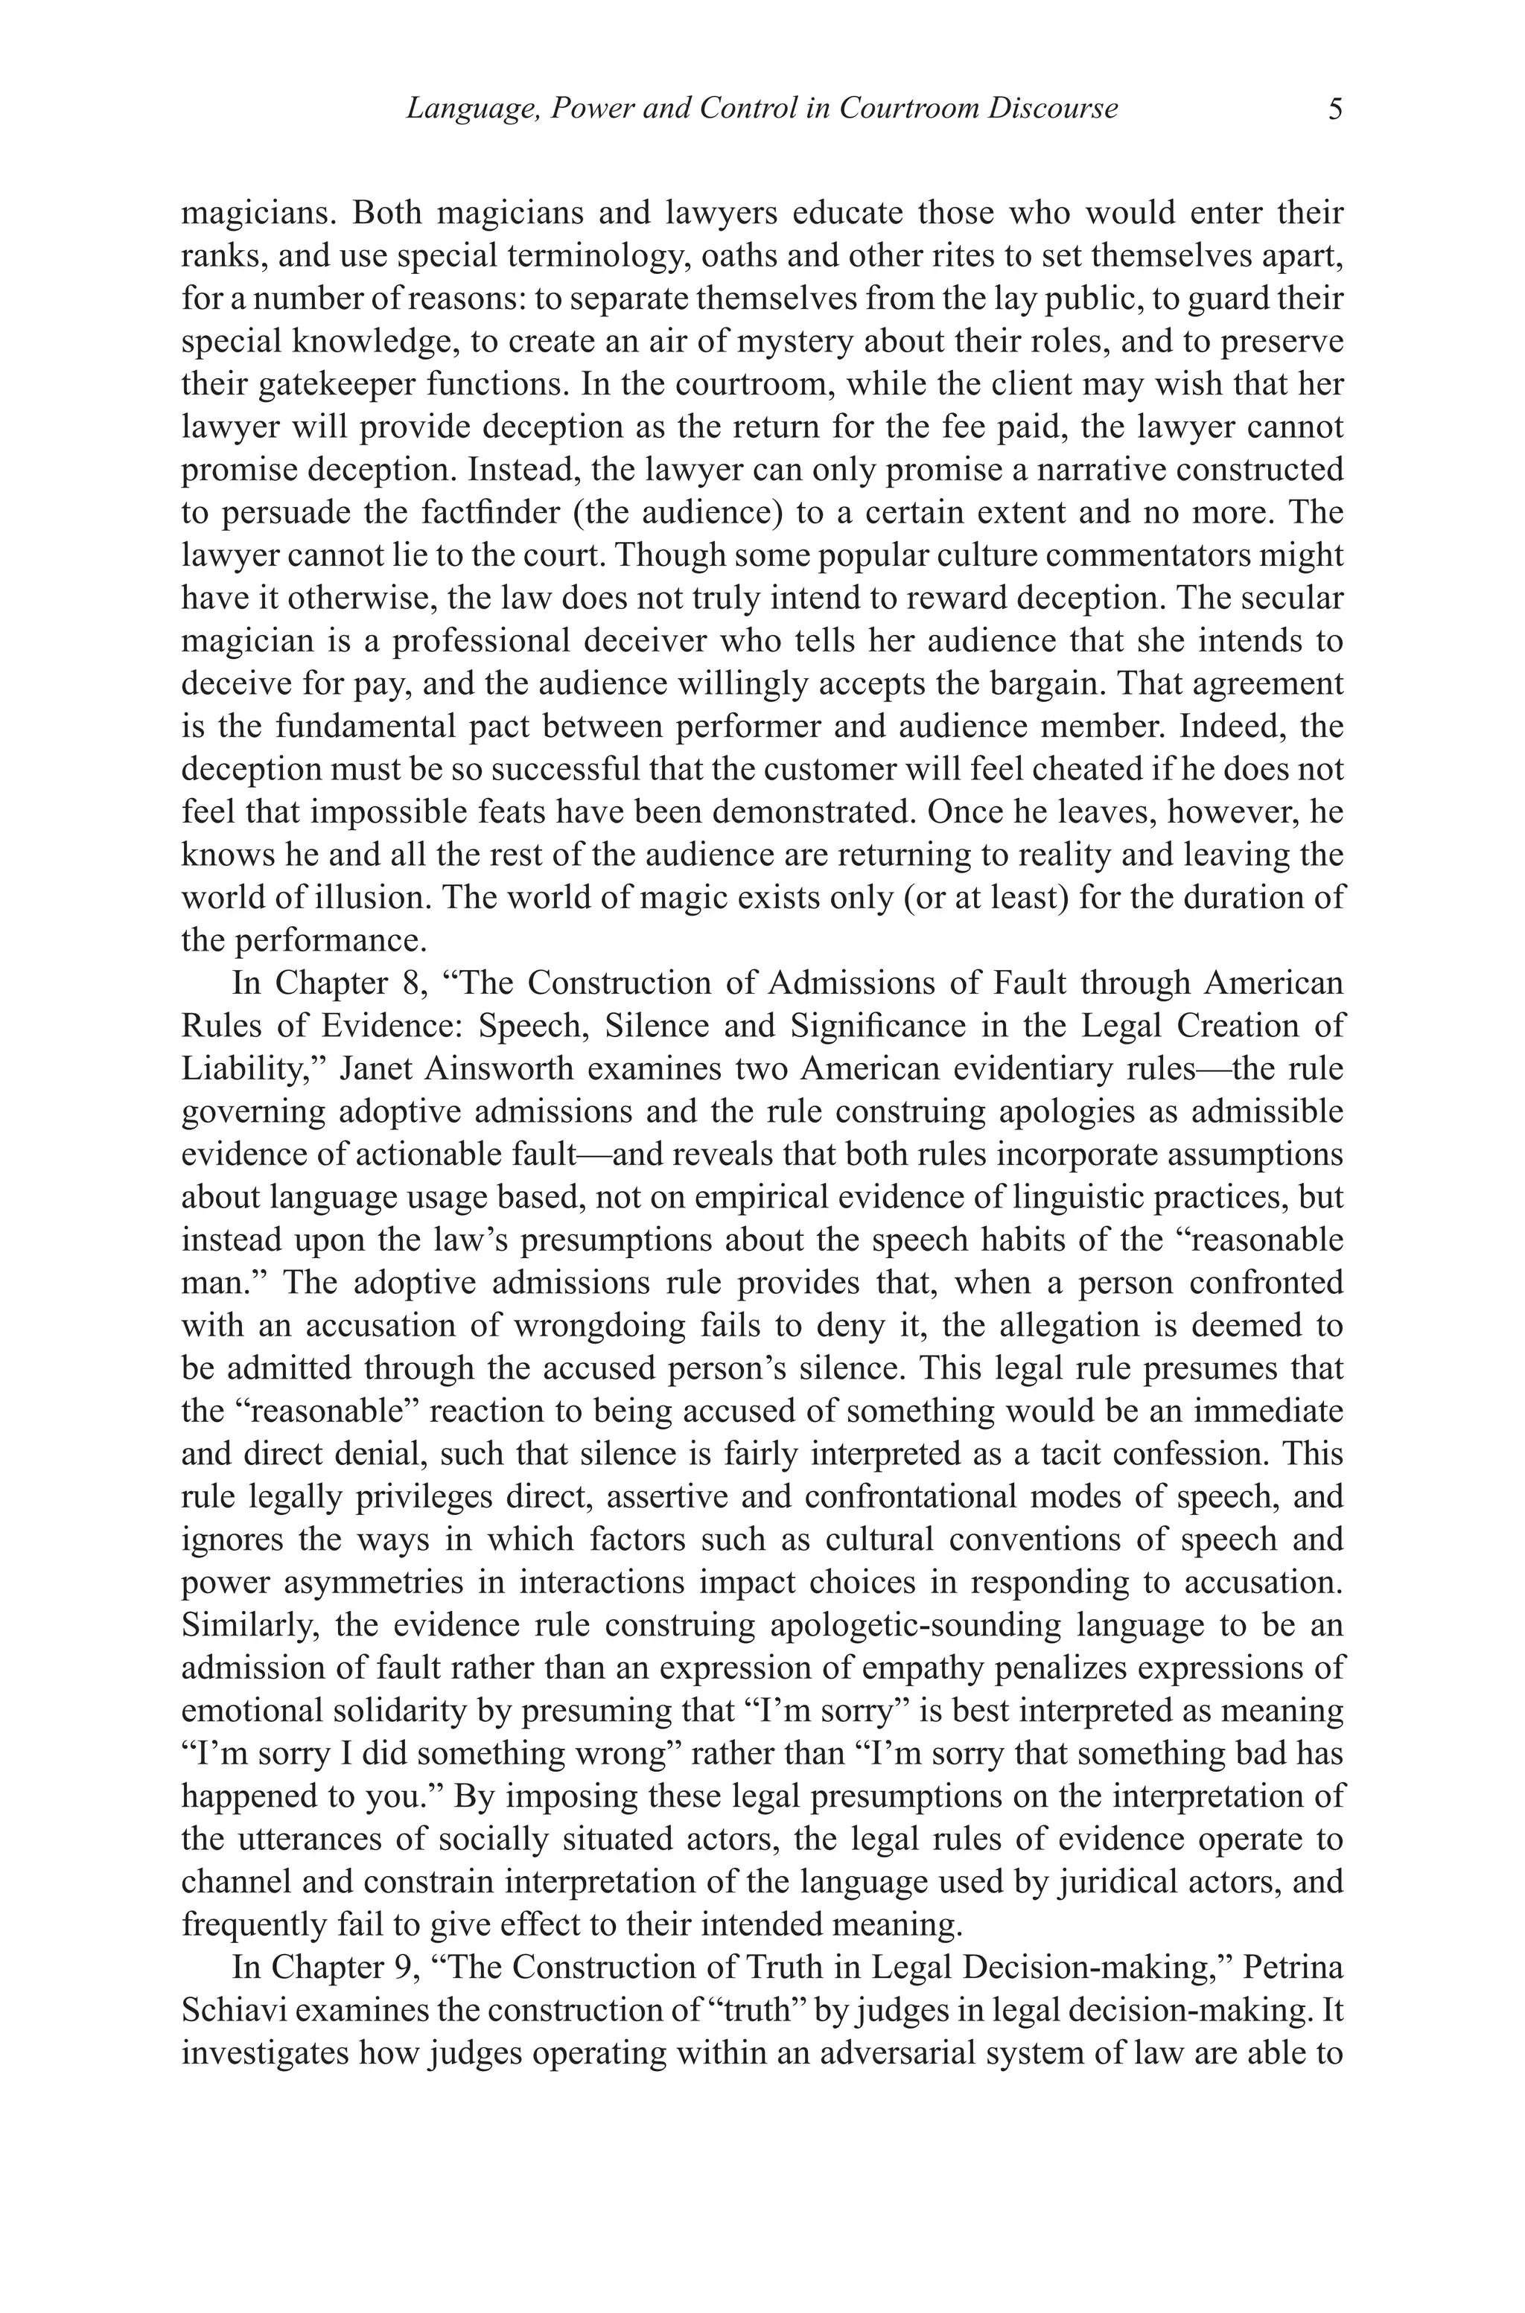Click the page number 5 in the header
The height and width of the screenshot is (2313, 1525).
[1334, 108]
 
